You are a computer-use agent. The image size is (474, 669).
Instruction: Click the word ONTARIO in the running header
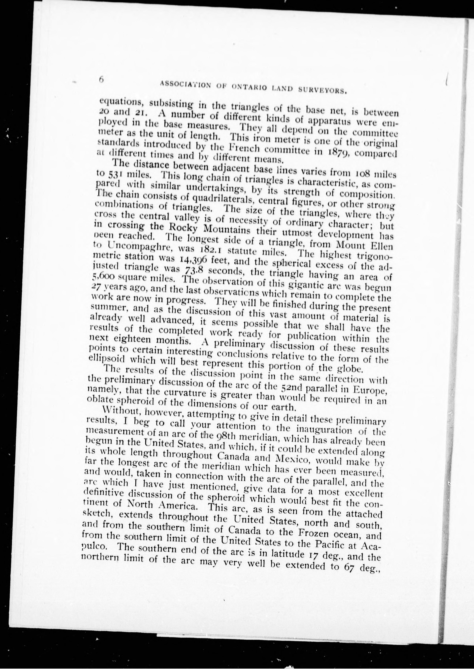click(250, 86)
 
